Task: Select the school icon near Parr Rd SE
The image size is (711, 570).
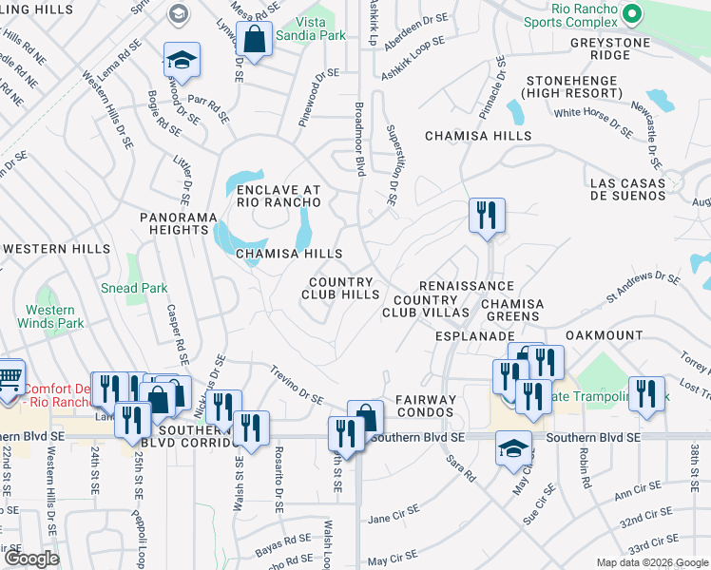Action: (180, 61)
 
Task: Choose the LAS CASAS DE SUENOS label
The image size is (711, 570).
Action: (627, 189)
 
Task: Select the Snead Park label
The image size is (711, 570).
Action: (135, 288)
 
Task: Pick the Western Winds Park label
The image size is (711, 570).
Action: (50, 316)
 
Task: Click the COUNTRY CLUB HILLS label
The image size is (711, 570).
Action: (340, 289)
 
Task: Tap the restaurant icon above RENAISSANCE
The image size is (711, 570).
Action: (487, 215)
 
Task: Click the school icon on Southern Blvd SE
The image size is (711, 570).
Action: (513, 447)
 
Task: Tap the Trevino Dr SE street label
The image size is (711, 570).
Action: (298, 385)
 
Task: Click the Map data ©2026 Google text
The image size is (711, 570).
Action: (650, 562)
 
